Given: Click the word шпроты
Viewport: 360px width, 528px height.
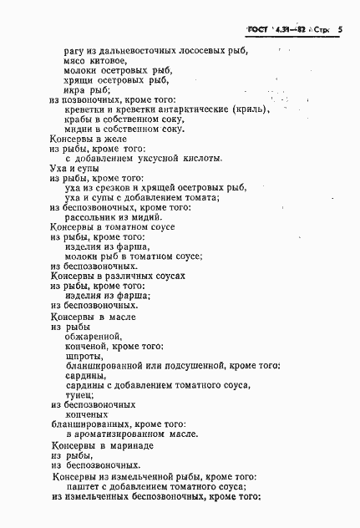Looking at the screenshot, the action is (x=82, y=354).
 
